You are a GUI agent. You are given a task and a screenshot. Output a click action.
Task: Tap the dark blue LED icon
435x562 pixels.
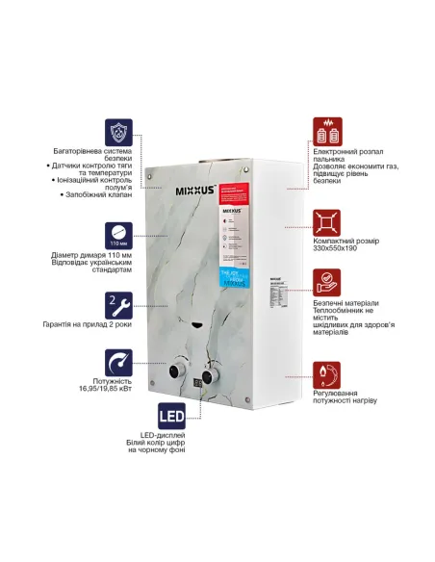point(120,421)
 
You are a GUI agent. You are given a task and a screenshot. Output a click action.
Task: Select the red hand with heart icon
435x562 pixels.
point(327,280)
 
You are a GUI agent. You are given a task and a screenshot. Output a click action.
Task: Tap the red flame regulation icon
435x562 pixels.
point(327,374)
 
